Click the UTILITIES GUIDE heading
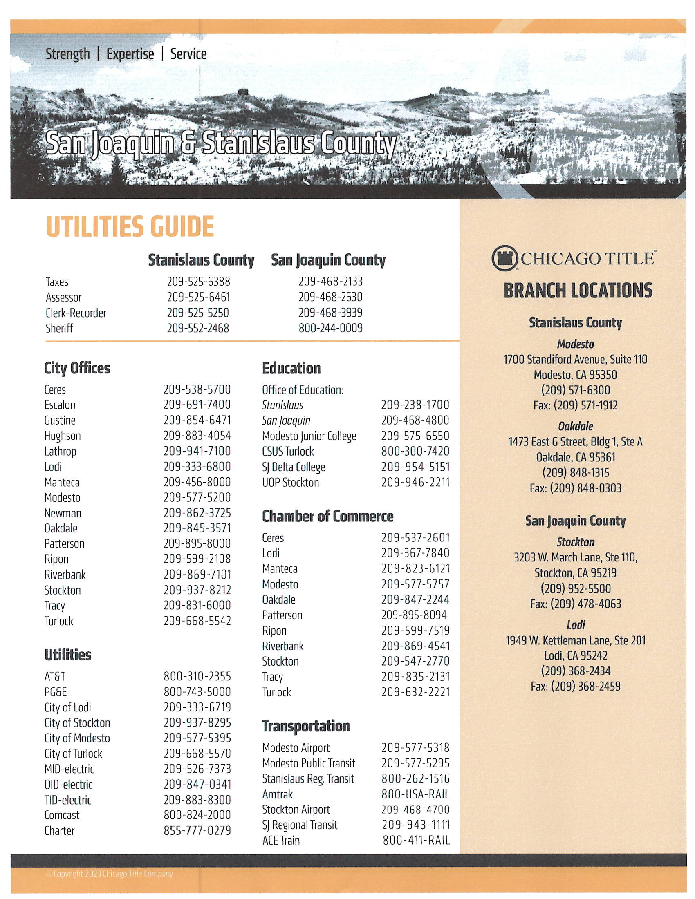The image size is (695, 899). click(130, 226)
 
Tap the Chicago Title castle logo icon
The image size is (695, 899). click(504, 259)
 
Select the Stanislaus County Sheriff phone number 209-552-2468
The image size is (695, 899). click(198, 328)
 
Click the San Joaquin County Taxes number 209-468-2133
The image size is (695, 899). click(331, 282)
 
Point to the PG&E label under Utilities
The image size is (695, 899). click(56, 692)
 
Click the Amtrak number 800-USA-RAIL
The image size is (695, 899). click(415, 794)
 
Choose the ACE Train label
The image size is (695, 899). click(281, 840)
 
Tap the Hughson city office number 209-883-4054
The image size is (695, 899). click(197, 436)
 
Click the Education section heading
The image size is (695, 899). click(291, 369)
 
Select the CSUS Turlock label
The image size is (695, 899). click(288, 452)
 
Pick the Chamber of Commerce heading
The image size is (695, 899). click(328, 516)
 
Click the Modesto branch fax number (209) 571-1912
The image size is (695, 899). click(575, 405)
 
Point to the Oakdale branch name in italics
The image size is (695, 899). click(575, 426)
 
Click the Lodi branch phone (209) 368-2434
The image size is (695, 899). click(575, 671)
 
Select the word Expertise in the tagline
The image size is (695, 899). click(130, 54)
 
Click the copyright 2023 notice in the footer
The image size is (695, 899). click(110, 874)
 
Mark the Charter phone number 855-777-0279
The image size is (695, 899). click(197, 831)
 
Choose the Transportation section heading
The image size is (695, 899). click(306, 726)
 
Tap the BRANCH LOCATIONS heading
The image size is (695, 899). click(578, 291)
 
